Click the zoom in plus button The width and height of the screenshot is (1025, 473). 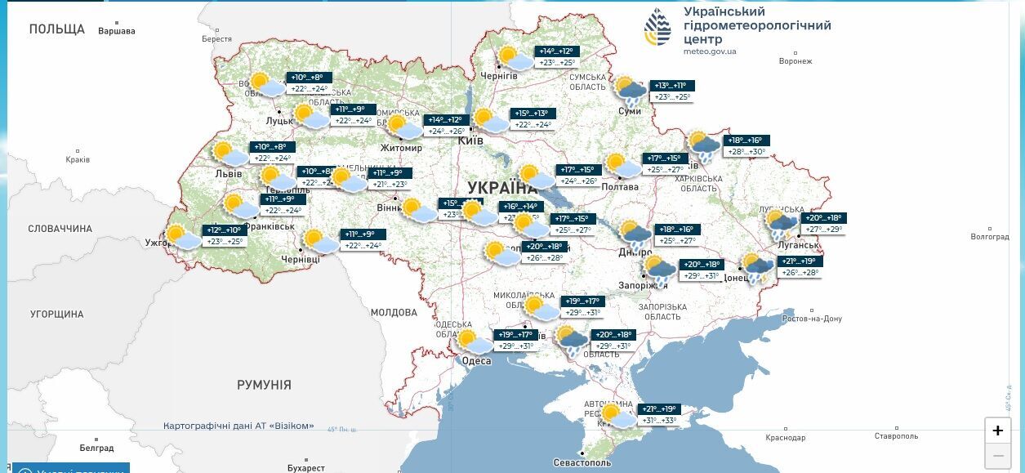997,431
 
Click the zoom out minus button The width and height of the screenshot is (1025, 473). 997,456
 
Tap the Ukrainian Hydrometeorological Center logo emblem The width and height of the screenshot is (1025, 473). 657,31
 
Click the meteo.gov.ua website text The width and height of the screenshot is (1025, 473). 709,51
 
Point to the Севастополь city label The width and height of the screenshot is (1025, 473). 582,462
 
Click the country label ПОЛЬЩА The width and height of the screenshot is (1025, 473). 56,29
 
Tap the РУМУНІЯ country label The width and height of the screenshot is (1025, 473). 264,385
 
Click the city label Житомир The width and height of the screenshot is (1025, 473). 401,148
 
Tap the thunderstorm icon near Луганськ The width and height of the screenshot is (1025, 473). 782,224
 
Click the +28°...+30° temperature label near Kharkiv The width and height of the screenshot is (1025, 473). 746,152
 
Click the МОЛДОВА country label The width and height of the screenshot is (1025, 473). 394,312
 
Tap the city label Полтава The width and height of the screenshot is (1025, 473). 620,186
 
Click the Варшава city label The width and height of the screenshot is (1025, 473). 116,32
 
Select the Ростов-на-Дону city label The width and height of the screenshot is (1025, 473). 812,319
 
